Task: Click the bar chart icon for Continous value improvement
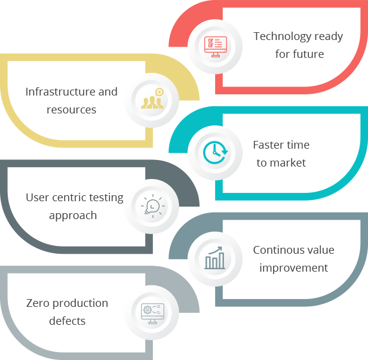point(214,259)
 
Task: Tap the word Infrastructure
point(60,92)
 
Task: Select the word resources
point(72,110)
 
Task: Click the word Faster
point(268,145)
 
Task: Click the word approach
point(73,216)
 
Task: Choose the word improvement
point(294,268)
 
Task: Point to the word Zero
point(37,303)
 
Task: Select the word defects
point(68,321)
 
